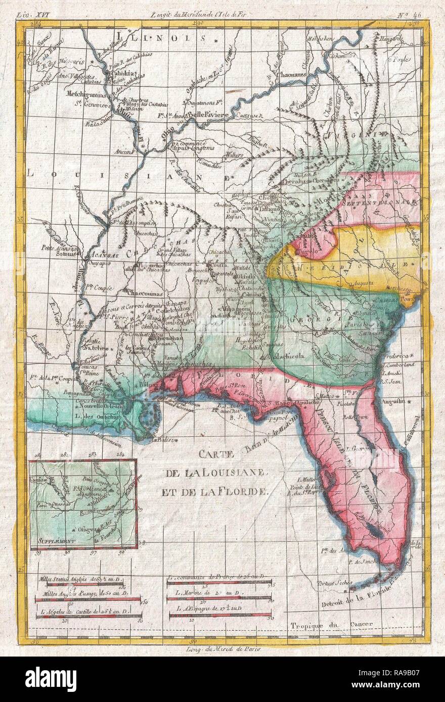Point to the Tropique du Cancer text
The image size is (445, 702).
[x=331, y=624]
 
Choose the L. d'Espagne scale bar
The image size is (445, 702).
[x=220, y=615]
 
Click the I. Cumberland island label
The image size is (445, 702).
[x=402, y=365]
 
